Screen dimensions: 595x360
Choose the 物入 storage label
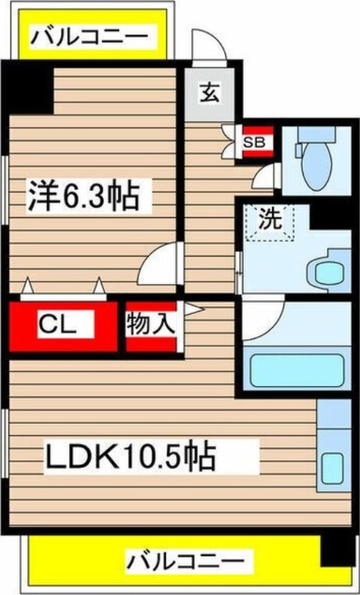pos(150,324)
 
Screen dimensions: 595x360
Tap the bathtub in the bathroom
pos(296,369)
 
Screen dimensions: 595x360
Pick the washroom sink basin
pos(327,271)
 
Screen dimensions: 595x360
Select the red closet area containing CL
pos(63,325)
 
